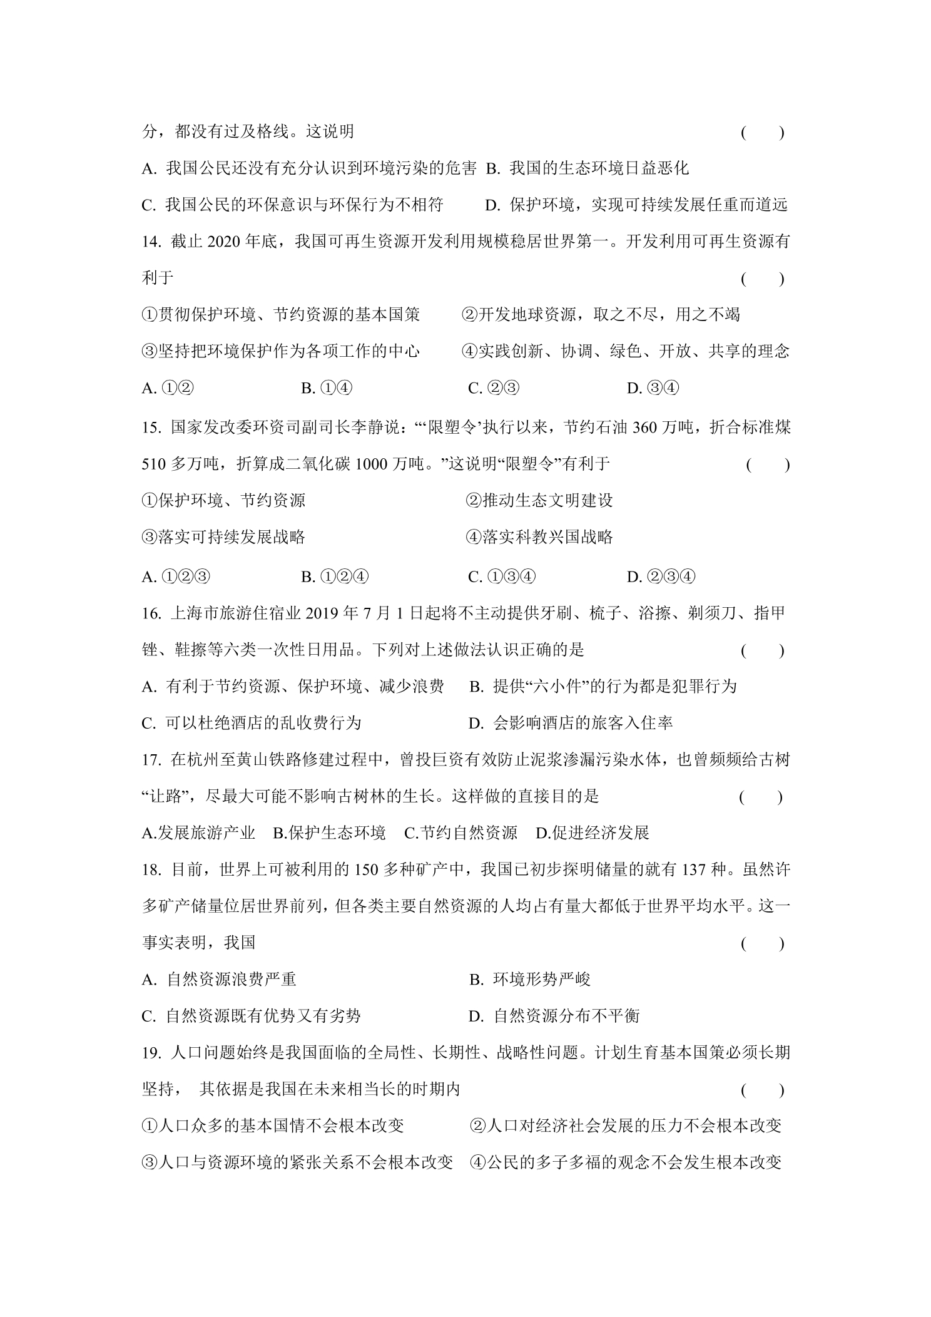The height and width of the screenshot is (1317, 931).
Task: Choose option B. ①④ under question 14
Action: [x=327, y=389]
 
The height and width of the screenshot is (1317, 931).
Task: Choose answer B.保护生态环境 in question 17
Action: [x=329, y=833]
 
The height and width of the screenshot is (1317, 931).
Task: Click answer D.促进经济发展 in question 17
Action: [x=593, y=833]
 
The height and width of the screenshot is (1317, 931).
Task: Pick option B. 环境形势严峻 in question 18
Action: [x=530, y=980]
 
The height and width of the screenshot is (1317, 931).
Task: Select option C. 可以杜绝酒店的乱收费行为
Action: [x=252, y=724]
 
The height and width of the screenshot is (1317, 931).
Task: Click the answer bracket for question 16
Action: [x=762, y=651]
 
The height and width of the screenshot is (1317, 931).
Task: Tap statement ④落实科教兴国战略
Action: [x=539, y=537]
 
